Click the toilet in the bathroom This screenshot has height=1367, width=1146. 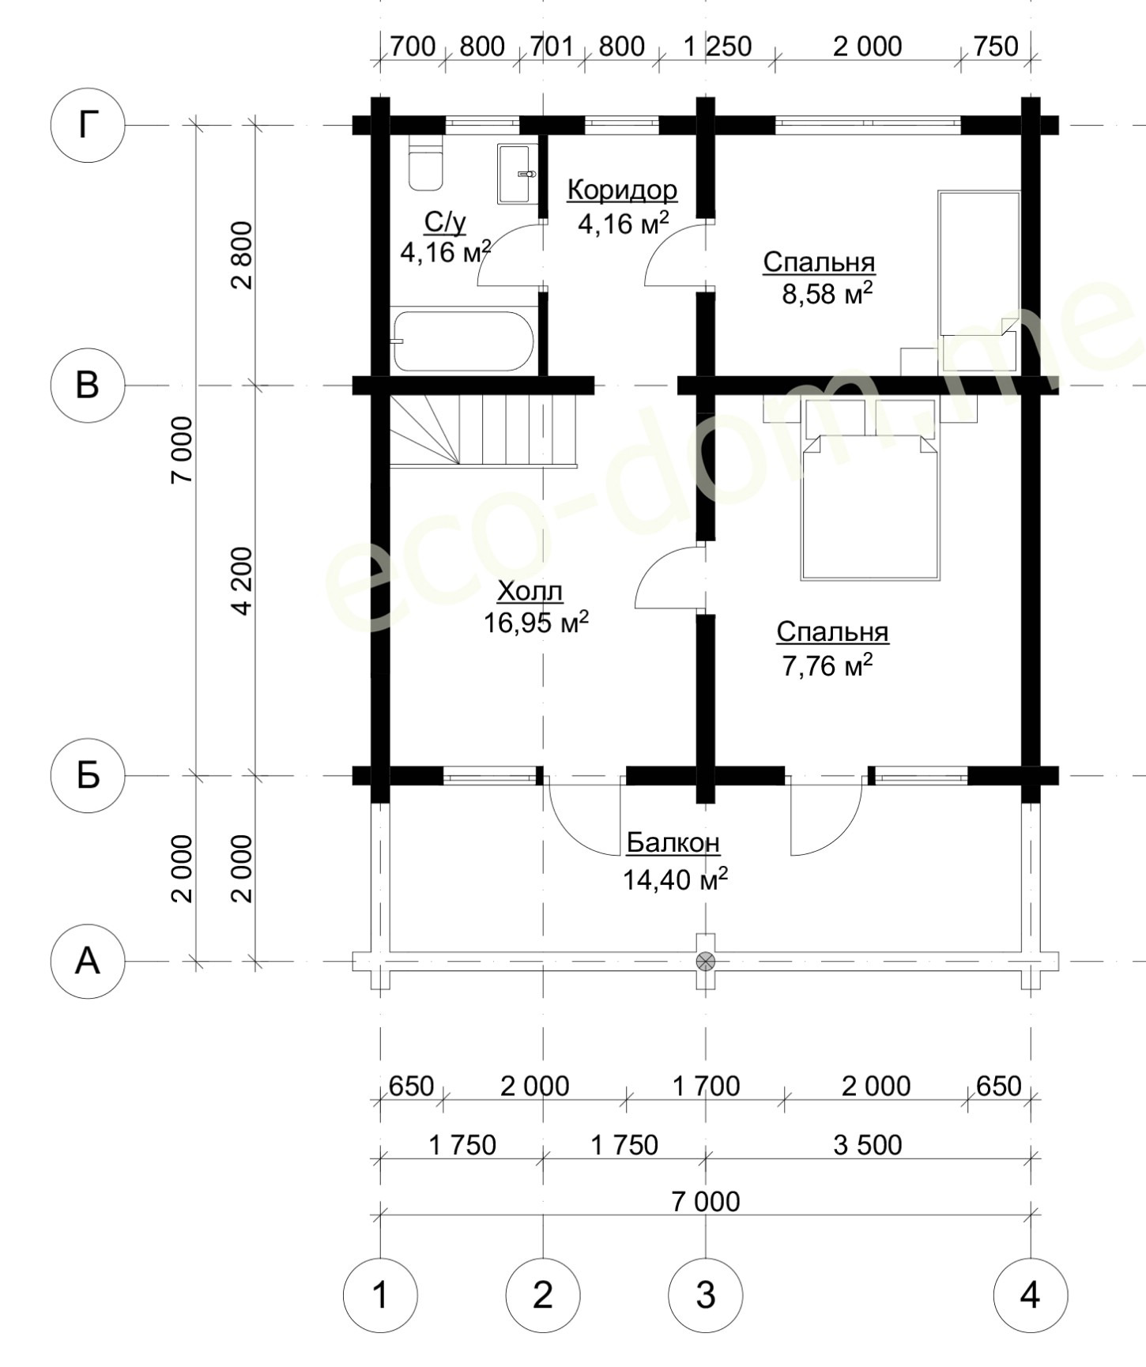[x=424, y=164]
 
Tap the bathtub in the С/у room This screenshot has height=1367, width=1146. [x=464, y=341]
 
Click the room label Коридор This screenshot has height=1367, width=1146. [x=623, y=190]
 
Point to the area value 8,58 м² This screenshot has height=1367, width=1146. [x=827, y=293]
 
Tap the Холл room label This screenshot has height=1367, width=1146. [x=530, y=591]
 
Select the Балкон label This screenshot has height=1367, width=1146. [x=673, y=843]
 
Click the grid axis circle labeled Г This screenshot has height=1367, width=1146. [x=88, y=125]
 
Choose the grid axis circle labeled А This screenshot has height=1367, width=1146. [x=88, y=962]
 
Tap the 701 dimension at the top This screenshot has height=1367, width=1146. [x=551, y=47]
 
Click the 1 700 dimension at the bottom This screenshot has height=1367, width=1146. [x=706, y=1086]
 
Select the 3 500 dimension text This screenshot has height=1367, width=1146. [x=868, y=1144]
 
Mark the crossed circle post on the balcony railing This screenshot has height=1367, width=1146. [x=705, y=961]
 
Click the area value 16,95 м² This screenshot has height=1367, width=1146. [x=536, y=623]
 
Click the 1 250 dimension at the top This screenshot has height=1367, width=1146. [x=718, y=47]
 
